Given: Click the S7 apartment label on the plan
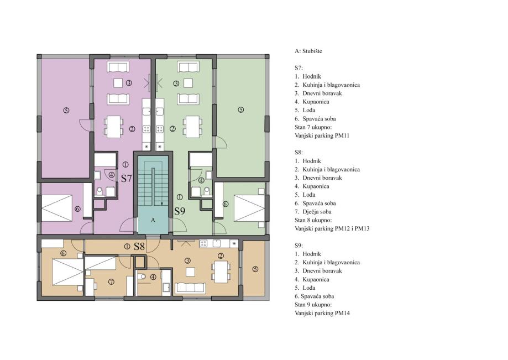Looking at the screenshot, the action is tap(127, 178).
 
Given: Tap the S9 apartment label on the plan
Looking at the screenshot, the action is tap(180, 211).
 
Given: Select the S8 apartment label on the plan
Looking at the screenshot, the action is tap(139, 247).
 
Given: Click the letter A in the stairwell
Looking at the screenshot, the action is tap(153, 220).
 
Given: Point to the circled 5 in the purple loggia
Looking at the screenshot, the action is tap(66, 111).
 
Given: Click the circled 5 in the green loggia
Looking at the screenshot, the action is tap(240, 110).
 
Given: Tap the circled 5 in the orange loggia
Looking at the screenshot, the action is tap(255, 269).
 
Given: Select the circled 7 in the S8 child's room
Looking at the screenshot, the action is tap(111, 282).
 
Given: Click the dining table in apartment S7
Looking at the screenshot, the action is tap(113, 127).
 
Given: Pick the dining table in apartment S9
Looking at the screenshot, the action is tap(192, 127).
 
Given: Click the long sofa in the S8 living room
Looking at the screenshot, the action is tap(190, 288).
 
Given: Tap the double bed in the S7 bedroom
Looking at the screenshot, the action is tap(57, 208).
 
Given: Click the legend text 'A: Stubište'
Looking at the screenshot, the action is tap(308, 51).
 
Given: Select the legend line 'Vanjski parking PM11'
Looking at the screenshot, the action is tap(322, 135).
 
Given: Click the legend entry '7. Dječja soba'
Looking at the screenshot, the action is tap(313, 212).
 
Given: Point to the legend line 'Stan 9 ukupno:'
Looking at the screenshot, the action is tap(313, 305).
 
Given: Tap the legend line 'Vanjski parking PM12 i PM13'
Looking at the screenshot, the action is tap(332, 228).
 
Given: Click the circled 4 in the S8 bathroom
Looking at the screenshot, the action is tap(153, 277).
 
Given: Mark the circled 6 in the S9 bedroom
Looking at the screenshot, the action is tap(226, 204).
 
